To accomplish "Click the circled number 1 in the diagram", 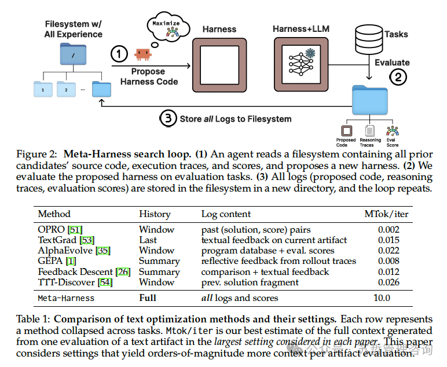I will (119, 54).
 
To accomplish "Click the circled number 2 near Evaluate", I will (397, 75).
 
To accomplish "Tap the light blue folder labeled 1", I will (42, 90).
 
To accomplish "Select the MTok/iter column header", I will (386, 214).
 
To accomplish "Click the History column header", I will (155, 214).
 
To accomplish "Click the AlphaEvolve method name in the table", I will (65, 251).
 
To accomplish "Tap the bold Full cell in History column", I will (148, 298).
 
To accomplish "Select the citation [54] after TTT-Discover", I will (105, 282).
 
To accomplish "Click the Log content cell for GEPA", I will (279, 261).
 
